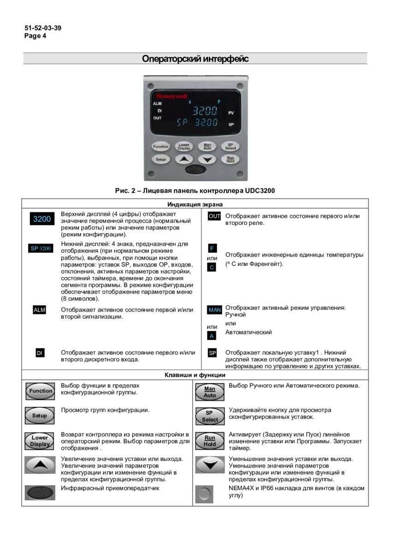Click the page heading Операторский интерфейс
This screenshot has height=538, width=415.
click(195, 59)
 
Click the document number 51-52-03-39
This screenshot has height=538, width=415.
click(43, 28)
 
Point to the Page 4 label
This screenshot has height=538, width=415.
click(36, 36)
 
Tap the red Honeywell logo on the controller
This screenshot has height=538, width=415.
click(171, 96)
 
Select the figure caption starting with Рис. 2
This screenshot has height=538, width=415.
click(195, 190)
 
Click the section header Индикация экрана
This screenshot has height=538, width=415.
click(195, 204)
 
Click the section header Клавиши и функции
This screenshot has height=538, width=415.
click(195, 375)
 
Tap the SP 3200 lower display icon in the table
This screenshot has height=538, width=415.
click(41, 248)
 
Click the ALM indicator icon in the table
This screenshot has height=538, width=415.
click(40, 310)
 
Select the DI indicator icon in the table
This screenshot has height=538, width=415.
click(40, 353)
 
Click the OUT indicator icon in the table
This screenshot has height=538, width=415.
click(214, 216)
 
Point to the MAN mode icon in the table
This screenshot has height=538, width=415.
click(214, 310)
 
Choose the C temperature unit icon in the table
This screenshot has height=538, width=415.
click(212, 267)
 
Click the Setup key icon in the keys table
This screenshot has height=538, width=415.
click(40, 415)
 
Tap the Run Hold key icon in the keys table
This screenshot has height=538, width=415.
click(210, 441)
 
